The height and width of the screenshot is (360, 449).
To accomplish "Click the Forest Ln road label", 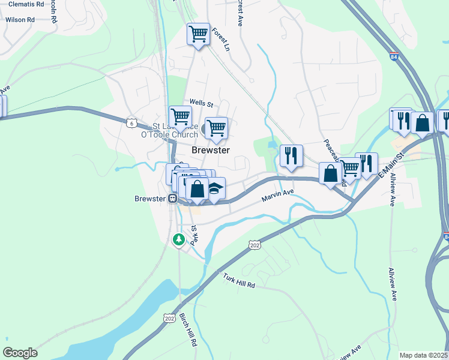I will coord(221,40).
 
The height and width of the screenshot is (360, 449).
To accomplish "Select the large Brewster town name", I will coord(211,150).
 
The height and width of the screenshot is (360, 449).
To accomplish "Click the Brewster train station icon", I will coord(172,199).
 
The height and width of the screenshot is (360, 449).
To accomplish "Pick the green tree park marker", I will coord(178,239).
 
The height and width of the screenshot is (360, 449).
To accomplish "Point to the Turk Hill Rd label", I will coord(239,281).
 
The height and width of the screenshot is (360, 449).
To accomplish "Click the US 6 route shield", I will coord(131,122).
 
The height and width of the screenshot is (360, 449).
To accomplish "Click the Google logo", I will coord(20,352).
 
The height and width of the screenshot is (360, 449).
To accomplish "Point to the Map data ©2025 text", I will coord(423,355).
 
